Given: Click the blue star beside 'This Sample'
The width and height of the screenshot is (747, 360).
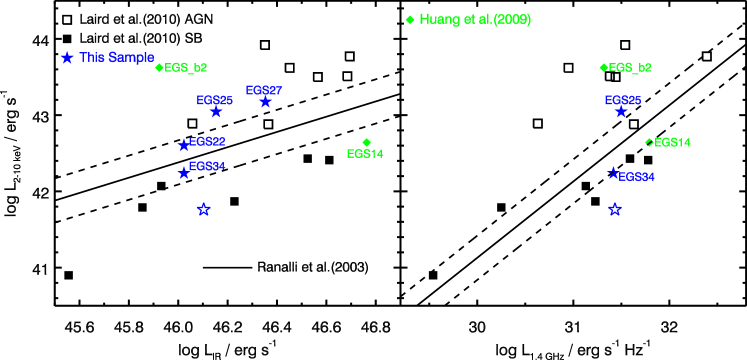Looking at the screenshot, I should tap(67, 58).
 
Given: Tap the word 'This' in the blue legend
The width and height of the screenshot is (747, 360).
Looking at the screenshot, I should tap(91, 58).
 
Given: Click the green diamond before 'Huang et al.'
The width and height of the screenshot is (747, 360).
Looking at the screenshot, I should tap(410, 20).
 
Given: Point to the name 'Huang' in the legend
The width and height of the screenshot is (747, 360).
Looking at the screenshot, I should tap(438, 20).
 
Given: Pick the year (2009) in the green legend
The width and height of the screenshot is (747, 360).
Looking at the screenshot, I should tap(512, 20).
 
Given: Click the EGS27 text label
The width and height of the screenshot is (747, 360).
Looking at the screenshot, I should tap(264, 91).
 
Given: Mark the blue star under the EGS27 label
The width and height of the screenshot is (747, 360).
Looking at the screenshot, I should tap(265, 102).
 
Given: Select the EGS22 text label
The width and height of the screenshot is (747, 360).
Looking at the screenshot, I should tap(207, 142).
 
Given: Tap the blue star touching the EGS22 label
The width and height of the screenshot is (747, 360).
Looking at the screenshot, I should tap(184, 146).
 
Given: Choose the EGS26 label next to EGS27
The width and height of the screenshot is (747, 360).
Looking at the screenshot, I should tap(215, 101).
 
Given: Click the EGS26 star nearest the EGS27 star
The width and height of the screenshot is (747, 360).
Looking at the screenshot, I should tap(215, 112).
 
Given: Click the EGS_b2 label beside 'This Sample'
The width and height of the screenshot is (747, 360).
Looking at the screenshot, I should tap(186, 68).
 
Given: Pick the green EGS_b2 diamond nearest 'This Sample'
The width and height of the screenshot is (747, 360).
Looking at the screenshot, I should tap(159, 68).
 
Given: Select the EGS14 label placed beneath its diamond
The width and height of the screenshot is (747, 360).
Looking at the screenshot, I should tap(365, 154).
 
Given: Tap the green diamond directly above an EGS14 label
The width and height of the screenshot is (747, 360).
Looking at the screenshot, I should tap(367, 142).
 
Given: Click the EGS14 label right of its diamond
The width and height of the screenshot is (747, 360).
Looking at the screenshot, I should tap(672, 143).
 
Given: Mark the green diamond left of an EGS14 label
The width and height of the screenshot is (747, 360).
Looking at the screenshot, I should tap(649, 142).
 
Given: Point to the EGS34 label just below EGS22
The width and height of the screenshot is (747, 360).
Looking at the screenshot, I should tap(207, 167).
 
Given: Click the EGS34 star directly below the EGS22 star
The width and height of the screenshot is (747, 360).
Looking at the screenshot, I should tap(184, 173).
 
